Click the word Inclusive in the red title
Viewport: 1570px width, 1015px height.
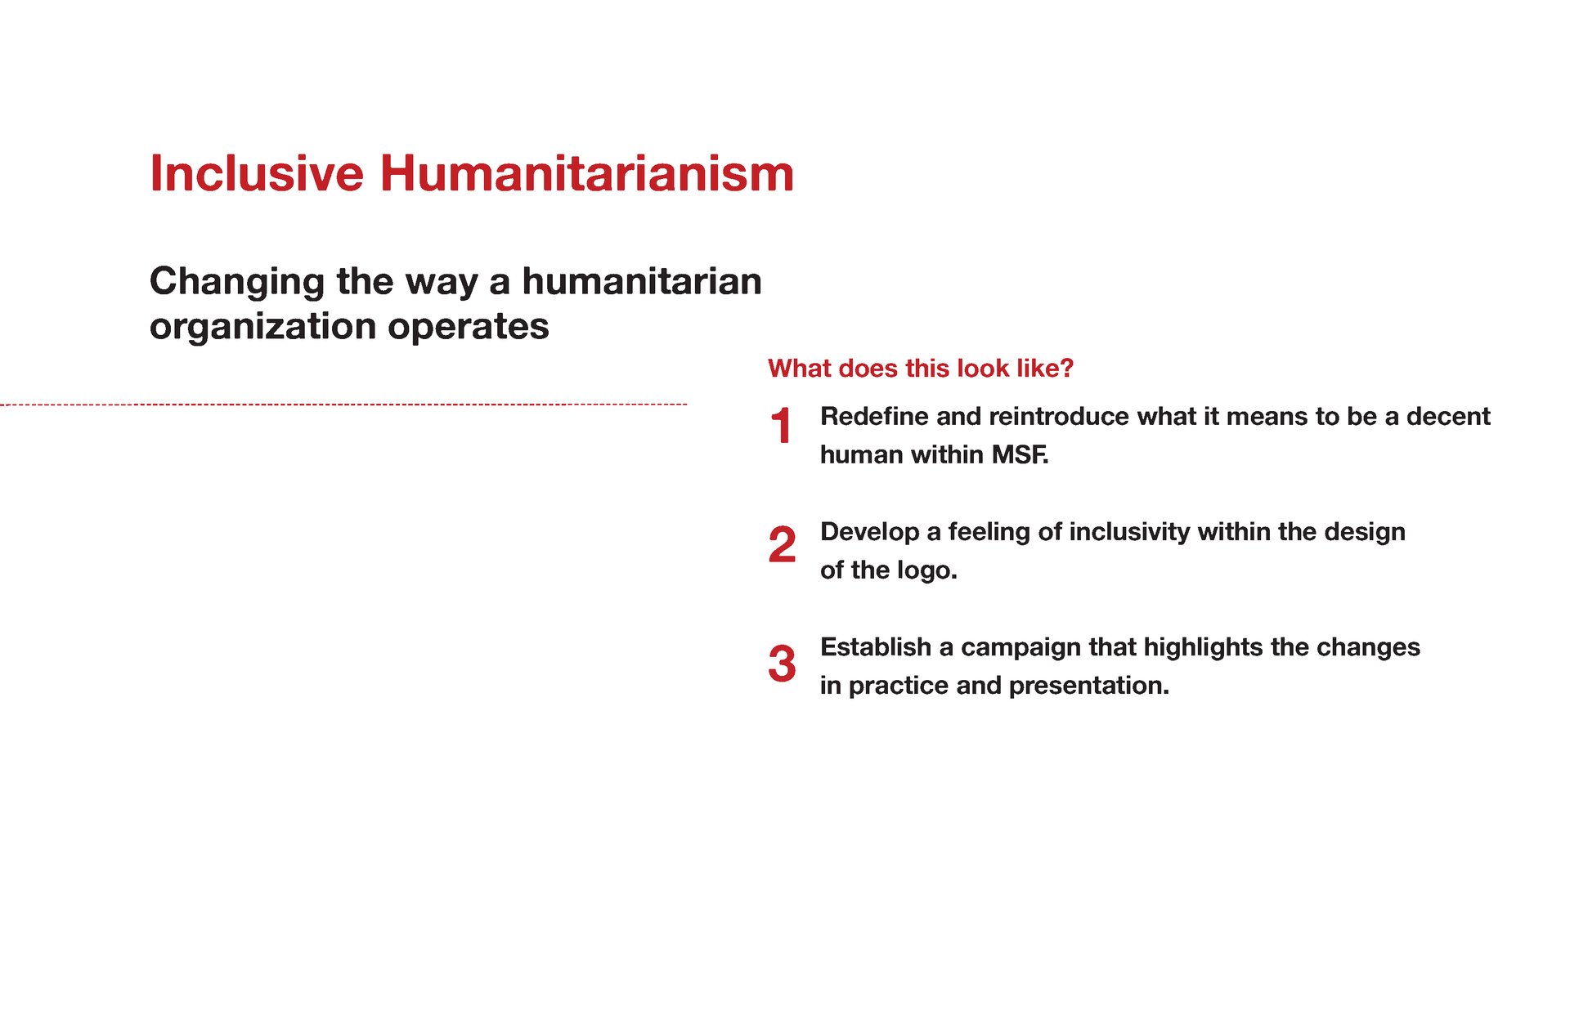click(x=257, y=173)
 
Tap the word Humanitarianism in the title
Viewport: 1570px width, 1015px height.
click(x=587, y=173)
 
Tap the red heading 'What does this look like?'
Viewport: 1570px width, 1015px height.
click(x=921, y=369)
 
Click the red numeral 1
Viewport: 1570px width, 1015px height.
click(x=782, y=426)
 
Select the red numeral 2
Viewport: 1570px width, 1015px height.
click(x=783, y=544)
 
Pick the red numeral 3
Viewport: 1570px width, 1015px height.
click(x=783, y=663)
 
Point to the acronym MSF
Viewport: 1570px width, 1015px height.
click(x=1020, y=454)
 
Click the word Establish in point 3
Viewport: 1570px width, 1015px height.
click(x=876, y=646)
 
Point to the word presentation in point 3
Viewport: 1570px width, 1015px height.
click(x=1088, y=686)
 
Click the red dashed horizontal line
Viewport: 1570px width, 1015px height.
click(x=343, y=405)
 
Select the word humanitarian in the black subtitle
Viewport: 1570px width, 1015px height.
click(x=642, y=281)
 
